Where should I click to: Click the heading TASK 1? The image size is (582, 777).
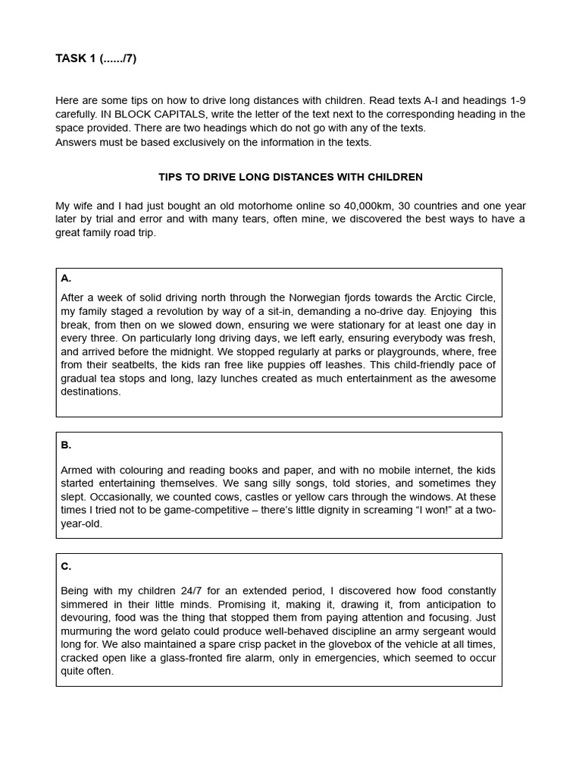(75, 58)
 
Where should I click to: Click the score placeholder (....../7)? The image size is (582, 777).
(117, 58)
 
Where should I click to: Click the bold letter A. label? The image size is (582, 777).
(66, 278)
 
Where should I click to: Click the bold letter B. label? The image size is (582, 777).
(66, 445)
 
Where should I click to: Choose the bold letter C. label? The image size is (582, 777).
(66, 566)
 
